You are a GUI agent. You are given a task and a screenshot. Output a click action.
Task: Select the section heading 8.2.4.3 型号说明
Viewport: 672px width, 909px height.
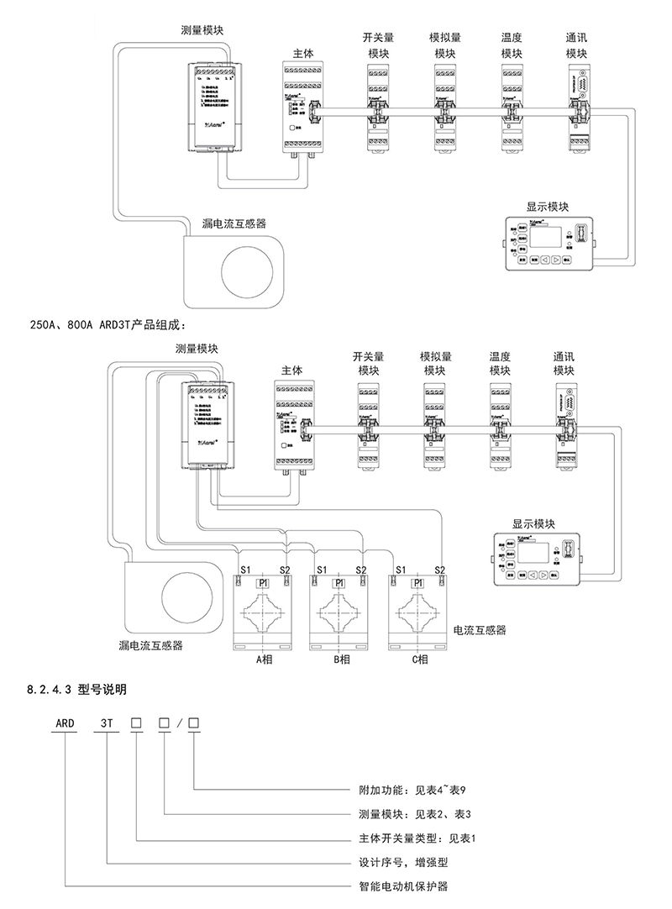76,690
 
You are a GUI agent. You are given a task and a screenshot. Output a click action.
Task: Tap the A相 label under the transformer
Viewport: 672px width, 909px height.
265,659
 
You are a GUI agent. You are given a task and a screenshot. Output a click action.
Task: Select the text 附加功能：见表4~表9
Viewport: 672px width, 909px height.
416,791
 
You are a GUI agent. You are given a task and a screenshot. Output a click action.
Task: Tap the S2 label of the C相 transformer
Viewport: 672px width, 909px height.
439,569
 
